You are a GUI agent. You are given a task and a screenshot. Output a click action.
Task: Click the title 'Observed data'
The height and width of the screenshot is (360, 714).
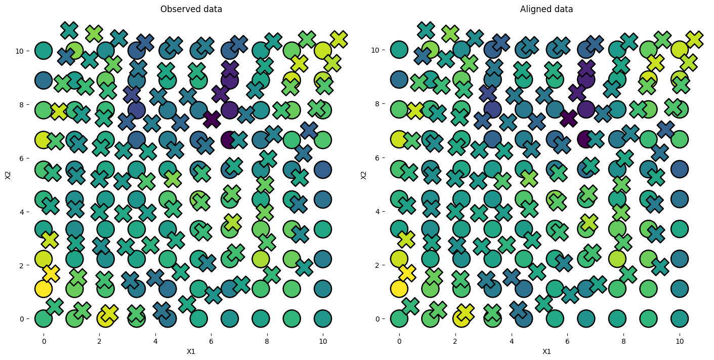(191, 9)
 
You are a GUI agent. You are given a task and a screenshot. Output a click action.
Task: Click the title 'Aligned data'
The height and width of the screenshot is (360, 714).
(547, 9)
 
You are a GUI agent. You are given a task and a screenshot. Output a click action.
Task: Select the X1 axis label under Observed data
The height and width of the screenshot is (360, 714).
(191, 351)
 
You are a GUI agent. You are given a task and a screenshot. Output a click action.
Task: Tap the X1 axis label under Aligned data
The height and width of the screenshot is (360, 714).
(547, 351)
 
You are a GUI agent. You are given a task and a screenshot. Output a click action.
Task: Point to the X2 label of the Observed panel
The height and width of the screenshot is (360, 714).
(8, 175)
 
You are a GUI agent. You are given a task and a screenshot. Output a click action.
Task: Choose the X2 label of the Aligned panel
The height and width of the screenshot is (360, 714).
(363, 175)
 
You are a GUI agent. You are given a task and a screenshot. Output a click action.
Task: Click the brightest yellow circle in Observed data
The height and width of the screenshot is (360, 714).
(44, 289)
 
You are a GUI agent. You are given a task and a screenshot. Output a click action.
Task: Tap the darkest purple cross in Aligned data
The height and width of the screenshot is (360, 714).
(569, 118)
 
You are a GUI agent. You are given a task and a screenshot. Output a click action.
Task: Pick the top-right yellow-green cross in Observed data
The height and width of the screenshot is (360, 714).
(339, 38)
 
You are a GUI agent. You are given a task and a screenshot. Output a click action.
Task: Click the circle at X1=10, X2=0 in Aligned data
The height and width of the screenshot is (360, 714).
(679, 318)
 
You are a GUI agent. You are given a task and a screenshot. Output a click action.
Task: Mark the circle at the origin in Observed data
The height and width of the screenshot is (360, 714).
(44, 318)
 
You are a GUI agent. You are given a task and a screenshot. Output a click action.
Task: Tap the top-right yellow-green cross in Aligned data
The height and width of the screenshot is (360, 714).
(694, 38)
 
